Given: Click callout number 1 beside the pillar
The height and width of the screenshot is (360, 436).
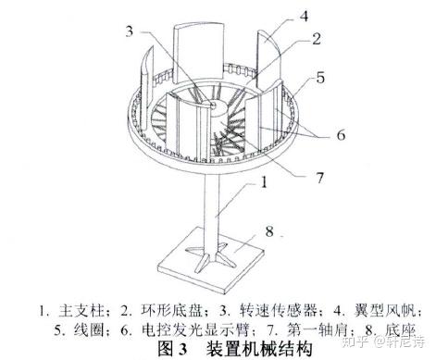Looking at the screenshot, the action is pyautogui.click(x=264, y=182).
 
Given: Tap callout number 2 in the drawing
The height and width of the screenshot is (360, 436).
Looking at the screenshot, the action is pyautogui.click(x=316, y=39).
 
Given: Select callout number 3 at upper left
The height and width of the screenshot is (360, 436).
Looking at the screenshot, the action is pyautogui.click(x=130, y=31).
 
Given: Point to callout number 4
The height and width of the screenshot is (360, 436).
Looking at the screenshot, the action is pyautogui.click(x=305, y=16).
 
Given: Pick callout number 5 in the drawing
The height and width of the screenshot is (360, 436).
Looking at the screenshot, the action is pyautogui.click(x=320, y=78).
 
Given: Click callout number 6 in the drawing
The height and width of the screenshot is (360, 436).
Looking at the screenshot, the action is pyautogui.click(x=341, y=135).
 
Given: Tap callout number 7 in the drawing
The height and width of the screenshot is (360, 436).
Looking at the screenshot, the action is pyautogui.click(x=320, y=178).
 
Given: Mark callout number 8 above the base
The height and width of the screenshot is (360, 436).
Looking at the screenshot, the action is pyautogui.click(x=269, y=231).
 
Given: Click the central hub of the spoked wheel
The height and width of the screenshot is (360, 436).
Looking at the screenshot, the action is pyautogui.click(x=216, y=109).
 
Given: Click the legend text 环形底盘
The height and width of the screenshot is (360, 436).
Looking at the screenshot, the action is pyautogui.click(x=170, y=311).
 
